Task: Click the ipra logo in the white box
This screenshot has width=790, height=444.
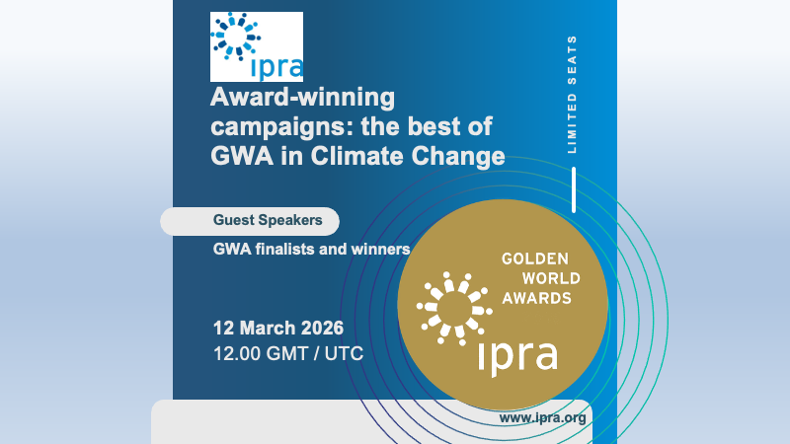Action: (x=257, y=46)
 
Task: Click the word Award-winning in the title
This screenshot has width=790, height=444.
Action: (x=302, y=98)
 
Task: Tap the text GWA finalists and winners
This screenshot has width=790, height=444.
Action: (x=311, y=249)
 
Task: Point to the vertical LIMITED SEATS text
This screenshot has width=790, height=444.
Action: (x=573, y=96)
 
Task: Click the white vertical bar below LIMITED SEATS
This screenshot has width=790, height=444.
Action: (x=573, y=189)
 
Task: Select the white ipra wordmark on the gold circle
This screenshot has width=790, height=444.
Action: (x=517, y=355)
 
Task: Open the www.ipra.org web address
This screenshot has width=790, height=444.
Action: (x=543, y=417)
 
